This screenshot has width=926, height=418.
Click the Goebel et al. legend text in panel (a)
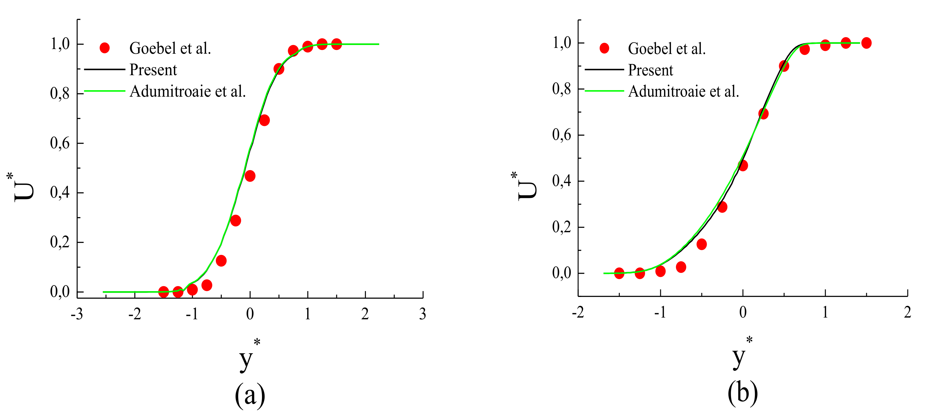(x=170, y=48)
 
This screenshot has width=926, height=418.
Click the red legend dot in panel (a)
(x=105, y=48)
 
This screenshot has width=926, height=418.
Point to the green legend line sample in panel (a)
(x=104, y=91)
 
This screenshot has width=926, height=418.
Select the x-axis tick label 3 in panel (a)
(x=422, y=314)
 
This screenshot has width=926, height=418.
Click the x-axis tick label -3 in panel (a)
(x=77, y=314)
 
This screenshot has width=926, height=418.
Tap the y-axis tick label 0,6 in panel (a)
(x=60, y=143)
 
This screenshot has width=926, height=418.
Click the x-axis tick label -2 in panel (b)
(x=578, y=312)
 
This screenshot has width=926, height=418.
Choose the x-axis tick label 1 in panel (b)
(x=825, y=312)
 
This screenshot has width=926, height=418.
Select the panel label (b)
(x=743, y=393)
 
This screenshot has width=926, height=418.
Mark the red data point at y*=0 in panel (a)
(x=250, y=176)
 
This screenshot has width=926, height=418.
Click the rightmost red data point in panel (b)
(x=866, y=43)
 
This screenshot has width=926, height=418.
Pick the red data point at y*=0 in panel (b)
(x=743, y=165)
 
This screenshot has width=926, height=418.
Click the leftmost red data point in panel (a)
(x=164, y=292)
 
